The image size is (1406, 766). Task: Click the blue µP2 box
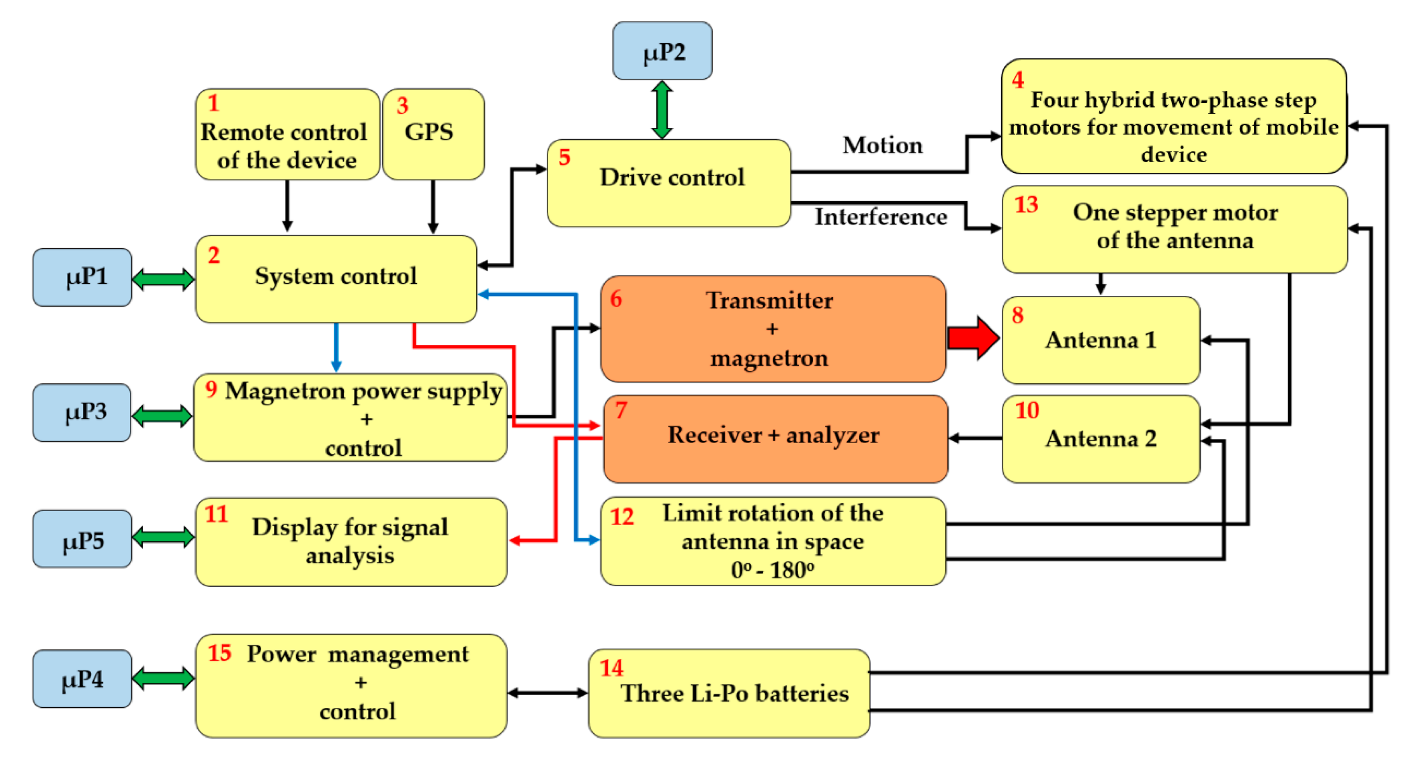pyautogui.click(x=662, y=51)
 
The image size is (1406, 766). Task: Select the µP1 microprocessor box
pyautogui.click(x=82, y=277)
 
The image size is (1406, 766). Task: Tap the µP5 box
pyautogui.click(x=82, y=539)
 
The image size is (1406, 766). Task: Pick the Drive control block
pyautogui.click(x=669, y=183)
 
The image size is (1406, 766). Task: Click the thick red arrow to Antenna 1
pyautogui.click(x=974, y=338)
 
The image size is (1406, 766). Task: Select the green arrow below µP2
pyautogui.click(x=662, y=110)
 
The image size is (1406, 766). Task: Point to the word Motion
pyautogui.click(x=883, y=146)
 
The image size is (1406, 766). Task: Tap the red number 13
pyautogui.click(x=1025, y=204)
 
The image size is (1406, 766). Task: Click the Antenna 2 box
pyautogui.click(x=1100, y=439)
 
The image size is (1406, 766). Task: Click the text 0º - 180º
pyautogui.click(x=772, y=570)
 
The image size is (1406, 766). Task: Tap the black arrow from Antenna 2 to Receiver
pyautogui.click(x=975, y=438)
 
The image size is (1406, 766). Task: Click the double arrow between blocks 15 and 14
pyautogui.click(x=548, y=693)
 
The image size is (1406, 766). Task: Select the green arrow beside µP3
pyautogui.click(x=162, y=416)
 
